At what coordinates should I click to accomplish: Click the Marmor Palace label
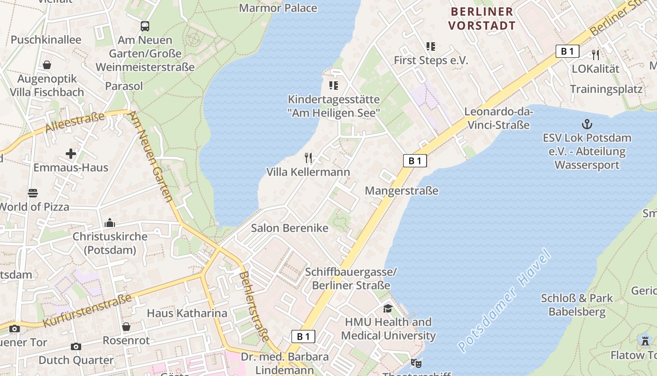(x=278, y=8)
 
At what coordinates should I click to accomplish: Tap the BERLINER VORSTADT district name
(x=481, y=18)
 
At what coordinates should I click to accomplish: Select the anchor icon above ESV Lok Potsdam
(x=587, y=124)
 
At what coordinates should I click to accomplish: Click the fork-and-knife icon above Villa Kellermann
(x=308, y=157)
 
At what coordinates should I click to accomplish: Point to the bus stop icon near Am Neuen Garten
(x=145, y=26)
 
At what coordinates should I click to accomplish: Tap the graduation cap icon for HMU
(x=388, y=308)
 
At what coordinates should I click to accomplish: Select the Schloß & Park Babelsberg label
(x=577, y=305)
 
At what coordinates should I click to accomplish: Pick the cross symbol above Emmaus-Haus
(x=71, y=154)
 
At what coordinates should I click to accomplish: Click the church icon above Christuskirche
(x=110, y=222)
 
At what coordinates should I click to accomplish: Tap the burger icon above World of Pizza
(x=32, y=193)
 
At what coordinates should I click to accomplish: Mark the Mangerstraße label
(x=401, y=190)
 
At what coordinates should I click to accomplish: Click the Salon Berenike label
(x=290, y=228)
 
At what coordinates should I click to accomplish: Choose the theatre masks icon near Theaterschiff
(x=416, y=363)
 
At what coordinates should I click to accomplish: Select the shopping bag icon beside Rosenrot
(x=126, y=326)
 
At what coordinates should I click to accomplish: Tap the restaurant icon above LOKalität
(x=595, y=55)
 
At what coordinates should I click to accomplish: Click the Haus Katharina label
(x=187, y=313)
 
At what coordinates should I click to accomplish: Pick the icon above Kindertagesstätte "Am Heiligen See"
(x=333, y=85)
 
